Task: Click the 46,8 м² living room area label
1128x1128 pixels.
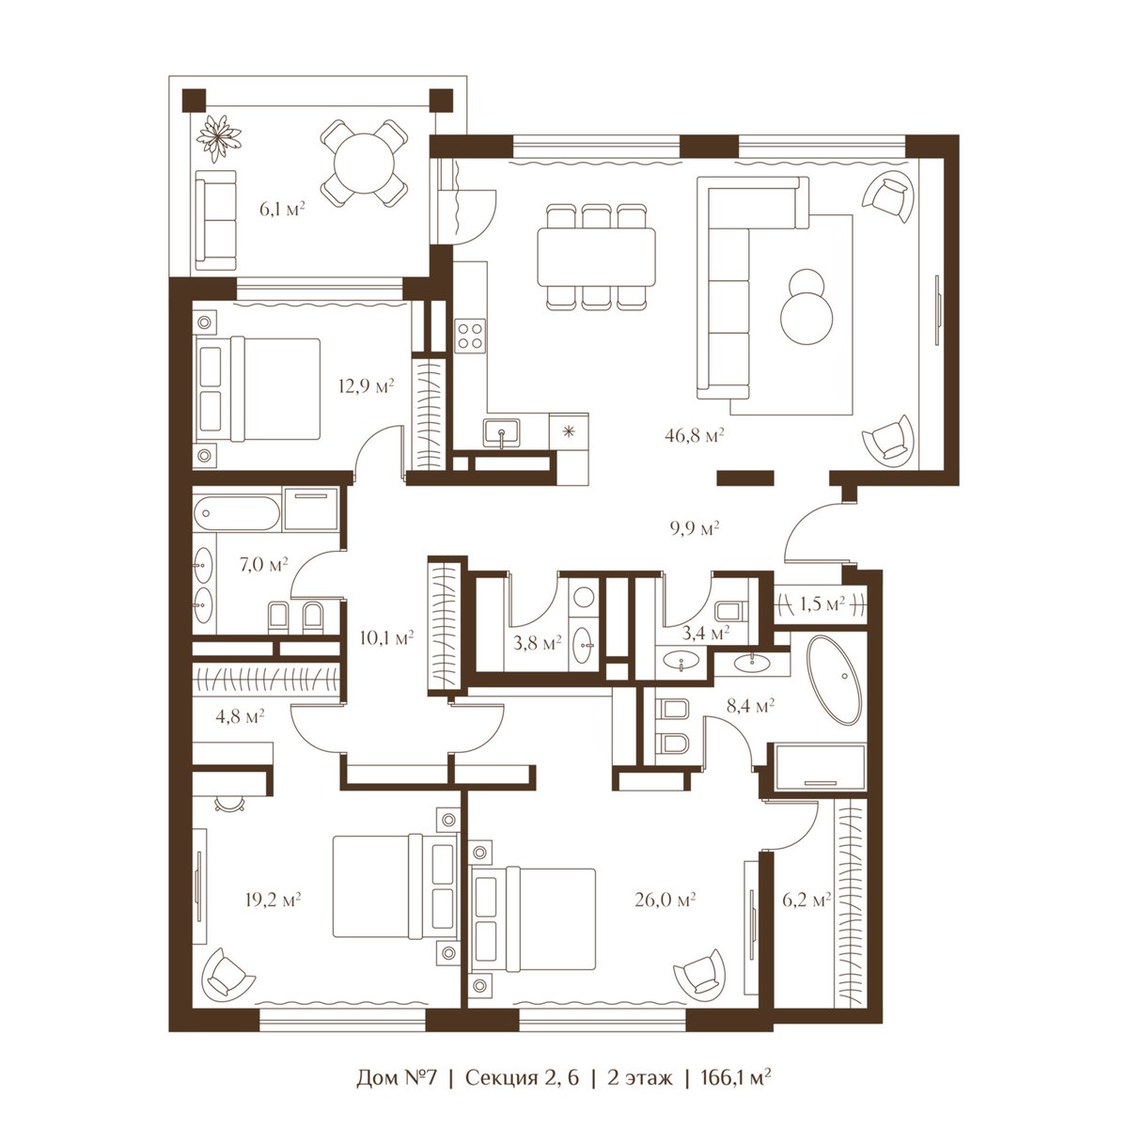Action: (x=695, y=435)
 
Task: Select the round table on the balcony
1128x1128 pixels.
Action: (x=363, y=164)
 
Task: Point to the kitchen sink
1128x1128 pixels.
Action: (x=501, y=433)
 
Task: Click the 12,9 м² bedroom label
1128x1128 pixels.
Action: (x=366, y=385)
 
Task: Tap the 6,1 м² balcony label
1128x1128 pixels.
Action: (x=282, y=209)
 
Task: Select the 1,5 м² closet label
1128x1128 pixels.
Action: (x=822, y=603)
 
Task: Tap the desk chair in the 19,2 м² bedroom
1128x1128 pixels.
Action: (x=230, y=805)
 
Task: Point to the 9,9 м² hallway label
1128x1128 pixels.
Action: (x=695, y=528)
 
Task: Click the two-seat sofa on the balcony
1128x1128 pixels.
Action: (x=216, y=220)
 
